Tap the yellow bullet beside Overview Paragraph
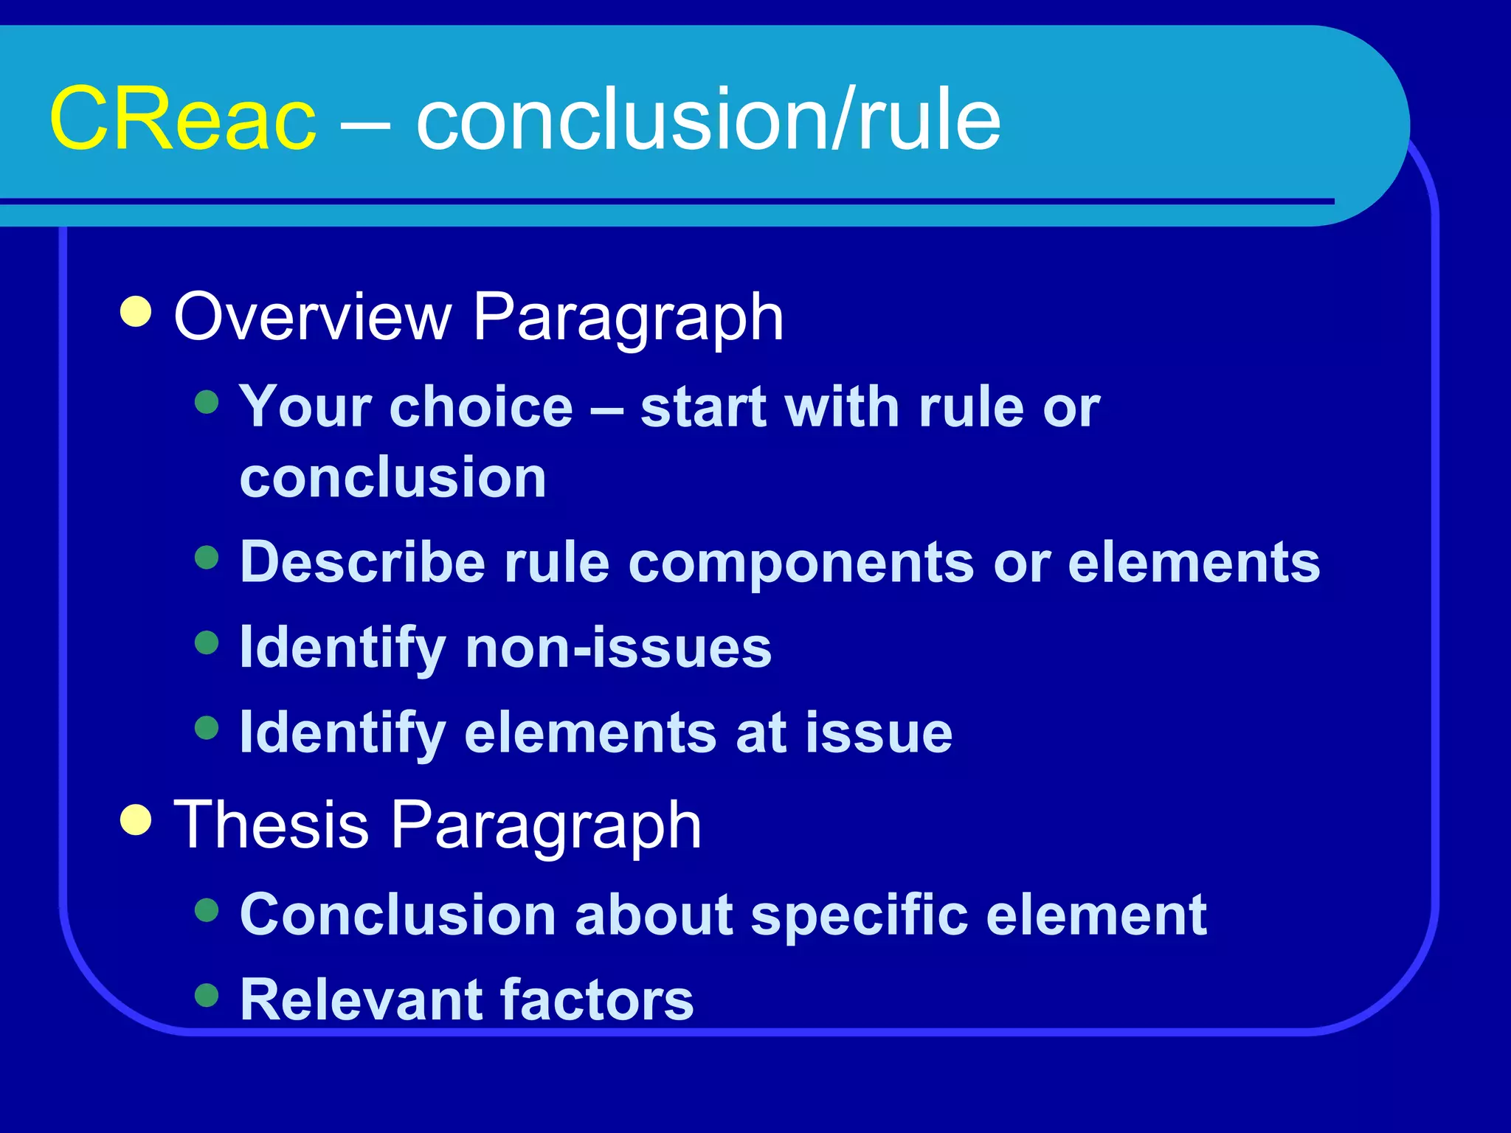(x=136, y=312)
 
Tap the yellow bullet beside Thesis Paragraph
(x=136, y=820)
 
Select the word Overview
(x=312, y=317)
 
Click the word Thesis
(x=271, y=825)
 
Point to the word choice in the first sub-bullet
(x=481, y=407)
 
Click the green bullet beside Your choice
(x=207, y=402)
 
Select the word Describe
(x=362, y=563)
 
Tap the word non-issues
(x=618, y=648)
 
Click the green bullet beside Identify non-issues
(x=207, y=642)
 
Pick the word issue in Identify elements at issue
(x=879, y=732)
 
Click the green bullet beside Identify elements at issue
(x=207, y=727)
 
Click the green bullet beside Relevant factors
(x=207, y=995)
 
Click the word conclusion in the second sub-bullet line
(x=393, y=478)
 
